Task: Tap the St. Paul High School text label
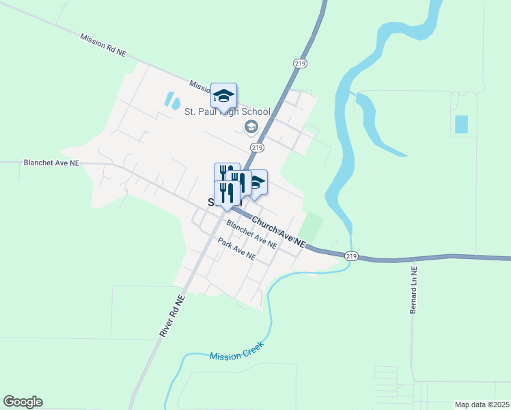pyautogui.click(x=227, y=112)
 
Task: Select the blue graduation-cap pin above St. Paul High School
pyautogui.click(x=223, y=96)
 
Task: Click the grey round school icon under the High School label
pyautogui.click(x=251, y=126)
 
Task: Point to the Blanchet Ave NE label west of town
pyautogui.click(x=51, y=163)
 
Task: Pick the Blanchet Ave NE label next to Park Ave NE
pyautogui.click(x=251, y=234)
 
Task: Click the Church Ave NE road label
pyautogui.click(x=279, y=232)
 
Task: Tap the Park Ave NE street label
pyautogui.click(x=236, y=249)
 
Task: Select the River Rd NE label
pyautogui.click(x=172, y=315)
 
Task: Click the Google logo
pyautogui.click(x=23, y=402)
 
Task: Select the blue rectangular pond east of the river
pyautogui.click(x=462, y=124)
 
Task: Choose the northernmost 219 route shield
pyautogui.click(x=301, y=63)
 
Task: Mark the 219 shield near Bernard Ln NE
pyautogui.click(x=351, y=256)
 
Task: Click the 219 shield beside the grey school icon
pyautogui.click(x=257, y=147)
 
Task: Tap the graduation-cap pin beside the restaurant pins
pyautogui.click(x=256, y=182)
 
